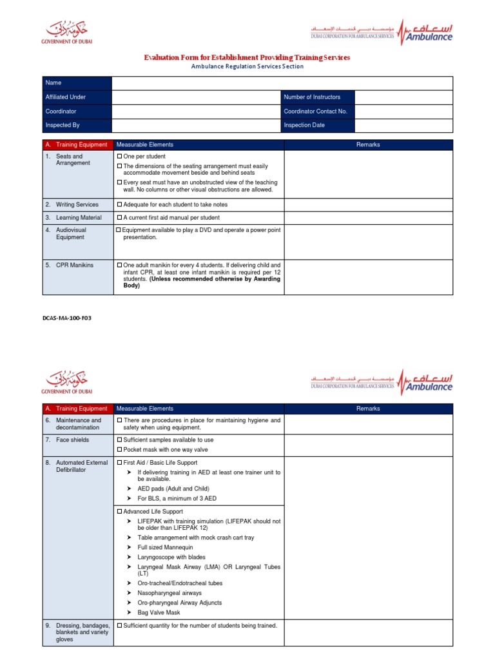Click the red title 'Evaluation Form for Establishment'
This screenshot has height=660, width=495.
tap(247, 57)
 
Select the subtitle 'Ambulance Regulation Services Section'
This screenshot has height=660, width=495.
tap(247, 66)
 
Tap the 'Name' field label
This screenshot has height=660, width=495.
tap(53, 83)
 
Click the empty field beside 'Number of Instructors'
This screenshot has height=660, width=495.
tap(403, 97)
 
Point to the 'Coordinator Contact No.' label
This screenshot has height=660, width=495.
tap(316, 112)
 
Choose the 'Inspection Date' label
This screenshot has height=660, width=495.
tap(304, 126)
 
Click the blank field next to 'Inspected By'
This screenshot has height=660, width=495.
tap(196, 126)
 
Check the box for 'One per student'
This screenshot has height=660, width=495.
tap(119, 157)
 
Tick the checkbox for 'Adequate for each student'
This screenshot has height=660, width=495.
tap(119, 205)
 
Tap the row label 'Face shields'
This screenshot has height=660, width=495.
tap(73, 440)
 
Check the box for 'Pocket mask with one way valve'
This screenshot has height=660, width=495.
tap(119, 450)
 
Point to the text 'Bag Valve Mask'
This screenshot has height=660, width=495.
tap(159, 612)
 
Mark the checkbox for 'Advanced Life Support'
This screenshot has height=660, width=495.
tap(119, 512)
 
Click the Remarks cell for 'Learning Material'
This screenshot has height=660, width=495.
tap(369, 218)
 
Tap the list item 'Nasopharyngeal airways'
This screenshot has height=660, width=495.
tap(170, 593)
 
